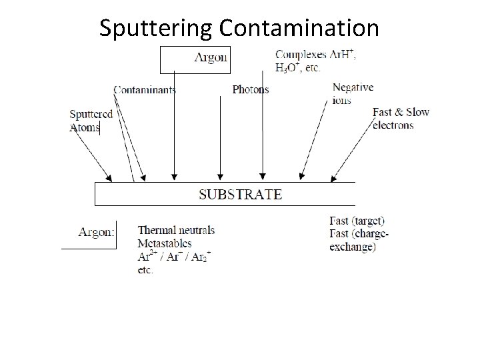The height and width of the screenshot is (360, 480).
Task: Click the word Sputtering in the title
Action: [x=155, y=28]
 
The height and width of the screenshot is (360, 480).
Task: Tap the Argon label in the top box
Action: [x=211, y=57]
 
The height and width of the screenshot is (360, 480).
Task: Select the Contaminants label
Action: [x=145, y=90]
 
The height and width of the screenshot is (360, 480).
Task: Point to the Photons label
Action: [x=251, y=89]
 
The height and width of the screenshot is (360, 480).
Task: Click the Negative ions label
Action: [x=353, y=94]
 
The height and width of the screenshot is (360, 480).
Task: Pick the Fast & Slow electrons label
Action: [x=401, y=118]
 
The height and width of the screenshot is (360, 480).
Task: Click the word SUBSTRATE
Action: [x=241, y=195]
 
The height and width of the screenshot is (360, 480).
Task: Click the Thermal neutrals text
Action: [x=176, y=230]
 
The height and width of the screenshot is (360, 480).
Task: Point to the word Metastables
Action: [x=165, y=243]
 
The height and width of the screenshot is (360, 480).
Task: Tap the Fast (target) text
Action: [x=357, y=221]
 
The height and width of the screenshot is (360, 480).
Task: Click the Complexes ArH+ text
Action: [x=315, y=54]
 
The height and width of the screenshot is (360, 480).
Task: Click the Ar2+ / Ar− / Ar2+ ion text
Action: [x=173, y=257]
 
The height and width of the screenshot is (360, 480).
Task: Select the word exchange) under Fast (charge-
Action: [x=353, y=247]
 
